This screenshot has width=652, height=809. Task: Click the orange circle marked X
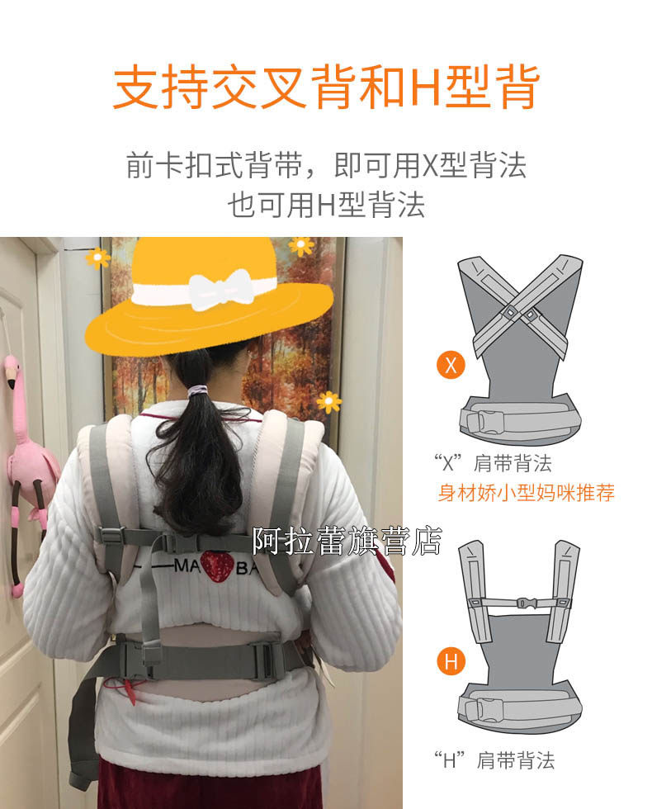click(451, 365)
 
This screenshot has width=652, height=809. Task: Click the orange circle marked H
click(451, 661)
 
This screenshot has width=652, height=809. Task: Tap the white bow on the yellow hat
click(222, 289)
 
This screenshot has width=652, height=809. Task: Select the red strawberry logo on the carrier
click(217, 565)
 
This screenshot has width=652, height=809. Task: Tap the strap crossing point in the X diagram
click(519, 313)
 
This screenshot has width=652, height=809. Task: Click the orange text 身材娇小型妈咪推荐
click(527, 493)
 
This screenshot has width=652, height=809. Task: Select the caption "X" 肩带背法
click(493, 463)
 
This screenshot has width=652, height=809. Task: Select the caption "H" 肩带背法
click(494, 760)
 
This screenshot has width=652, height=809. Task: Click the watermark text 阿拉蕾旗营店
click(347, 541)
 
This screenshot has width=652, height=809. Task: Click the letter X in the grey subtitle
click(430, 166)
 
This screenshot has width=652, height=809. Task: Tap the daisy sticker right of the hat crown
click(302, 246)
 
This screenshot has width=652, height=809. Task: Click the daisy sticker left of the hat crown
click(97, 258)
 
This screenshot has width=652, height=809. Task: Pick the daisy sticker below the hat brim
click(328, 402)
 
